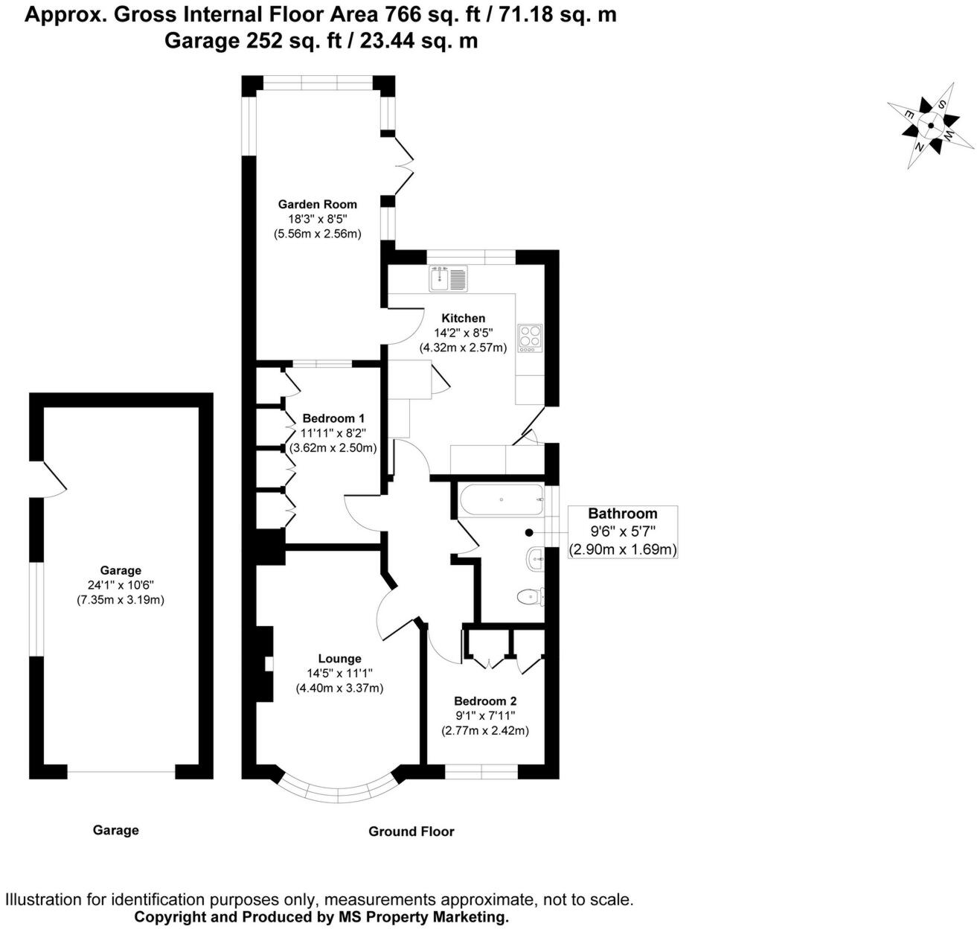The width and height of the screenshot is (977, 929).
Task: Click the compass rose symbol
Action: point(929,126)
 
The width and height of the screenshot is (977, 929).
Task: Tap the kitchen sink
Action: point(448,278)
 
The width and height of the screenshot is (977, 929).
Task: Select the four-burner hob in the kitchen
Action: point(531,337)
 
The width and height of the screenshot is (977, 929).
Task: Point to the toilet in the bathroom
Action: point(529,596)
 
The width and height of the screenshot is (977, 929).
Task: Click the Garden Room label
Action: point(317,204)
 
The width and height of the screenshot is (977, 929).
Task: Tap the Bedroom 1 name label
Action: point(333,418)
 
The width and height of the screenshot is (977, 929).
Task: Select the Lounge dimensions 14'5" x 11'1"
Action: point(339,673)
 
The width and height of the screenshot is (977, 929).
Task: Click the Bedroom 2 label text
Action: point(485,700)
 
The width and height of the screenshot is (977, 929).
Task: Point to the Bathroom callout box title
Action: point(622,513)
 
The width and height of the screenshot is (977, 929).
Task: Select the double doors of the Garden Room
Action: point(402,165)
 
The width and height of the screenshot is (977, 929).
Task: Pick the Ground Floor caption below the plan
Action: point(411,831)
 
